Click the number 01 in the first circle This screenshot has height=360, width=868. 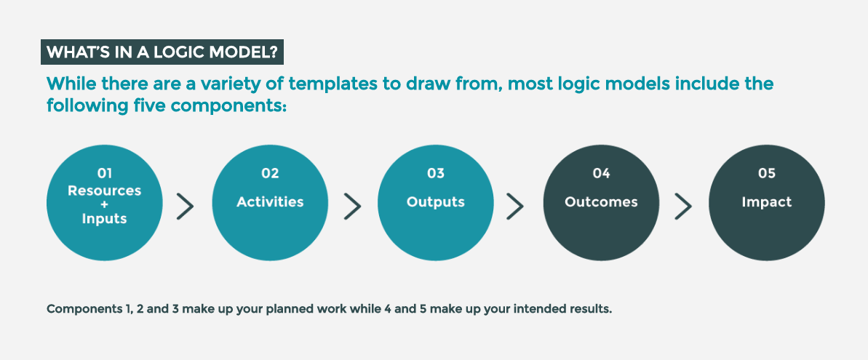tap(105, 174)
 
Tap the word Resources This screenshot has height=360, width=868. tap(105, 191)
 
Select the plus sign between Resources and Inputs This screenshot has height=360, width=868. tap(105, 204)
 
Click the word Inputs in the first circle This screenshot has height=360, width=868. tap(105, 219)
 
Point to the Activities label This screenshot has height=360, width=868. tap(270, 202)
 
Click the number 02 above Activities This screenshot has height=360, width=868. tap(270, 174)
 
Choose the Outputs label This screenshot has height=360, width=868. tap(436, 202)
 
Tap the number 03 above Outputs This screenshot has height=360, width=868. tap(436, 174)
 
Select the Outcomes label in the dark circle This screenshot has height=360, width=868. tap(601, 202)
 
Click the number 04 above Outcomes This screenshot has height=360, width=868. tap(601, 174)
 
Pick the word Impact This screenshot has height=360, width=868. tap(767, 202)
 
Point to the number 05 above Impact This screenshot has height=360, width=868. tap(767, 174)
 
